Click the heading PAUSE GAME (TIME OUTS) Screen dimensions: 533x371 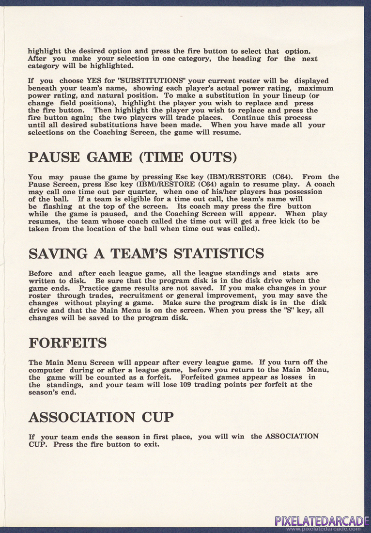pos(132,158)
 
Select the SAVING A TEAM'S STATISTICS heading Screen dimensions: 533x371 pos(146,253)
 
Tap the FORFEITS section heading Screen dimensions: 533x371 pos(68,343)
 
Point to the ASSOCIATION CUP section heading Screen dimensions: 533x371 pos(108,417)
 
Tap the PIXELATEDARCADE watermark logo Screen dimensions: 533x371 pos(319,521)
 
